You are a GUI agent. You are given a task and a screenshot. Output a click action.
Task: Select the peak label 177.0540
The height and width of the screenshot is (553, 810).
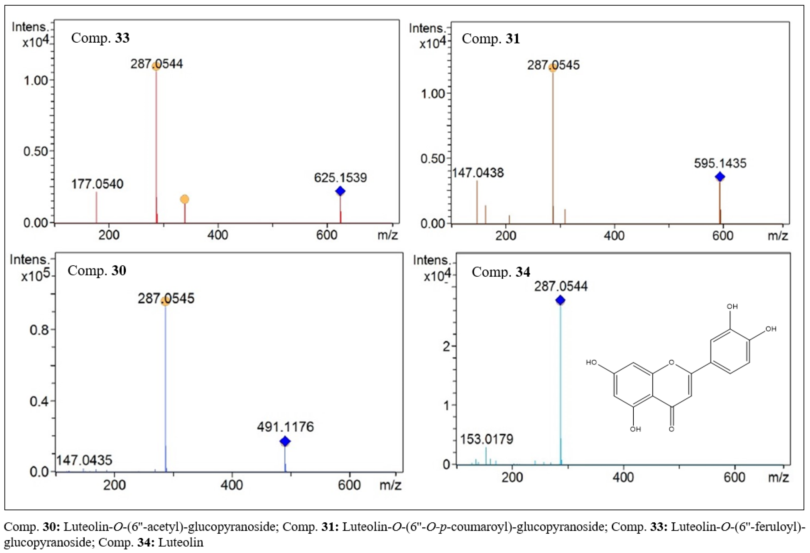click(x=97, y=184)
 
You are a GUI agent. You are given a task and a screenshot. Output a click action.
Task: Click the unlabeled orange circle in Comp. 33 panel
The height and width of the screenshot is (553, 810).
click(x=185, y=199)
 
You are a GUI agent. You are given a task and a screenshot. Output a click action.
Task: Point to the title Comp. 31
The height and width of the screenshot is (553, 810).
click(x=491, y=39)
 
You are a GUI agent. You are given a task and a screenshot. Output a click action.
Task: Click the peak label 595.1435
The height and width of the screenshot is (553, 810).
click(x=720, y=163)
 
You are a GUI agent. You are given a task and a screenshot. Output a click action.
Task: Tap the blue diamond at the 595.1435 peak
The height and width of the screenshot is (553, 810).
click(x=720, y=177)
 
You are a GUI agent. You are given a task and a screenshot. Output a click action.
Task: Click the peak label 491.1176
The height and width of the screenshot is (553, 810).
click(x=286, y=427)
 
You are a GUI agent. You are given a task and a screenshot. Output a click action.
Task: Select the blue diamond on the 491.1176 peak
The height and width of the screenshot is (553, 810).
click(x=285, y=442)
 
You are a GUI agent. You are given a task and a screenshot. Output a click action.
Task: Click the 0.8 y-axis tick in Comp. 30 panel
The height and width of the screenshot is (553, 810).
click(x=39, y=329)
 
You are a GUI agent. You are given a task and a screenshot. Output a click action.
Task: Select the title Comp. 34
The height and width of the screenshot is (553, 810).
click(x=501, y=272)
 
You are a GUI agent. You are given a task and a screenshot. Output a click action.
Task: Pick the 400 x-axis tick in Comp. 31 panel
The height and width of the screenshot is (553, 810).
click(x=614, y=236)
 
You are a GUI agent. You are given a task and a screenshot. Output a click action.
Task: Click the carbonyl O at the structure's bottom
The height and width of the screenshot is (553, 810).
click(x=671, y=429)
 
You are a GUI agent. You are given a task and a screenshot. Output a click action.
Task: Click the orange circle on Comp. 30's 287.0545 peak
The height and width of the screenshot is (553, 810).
click(x=165, y=301)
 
